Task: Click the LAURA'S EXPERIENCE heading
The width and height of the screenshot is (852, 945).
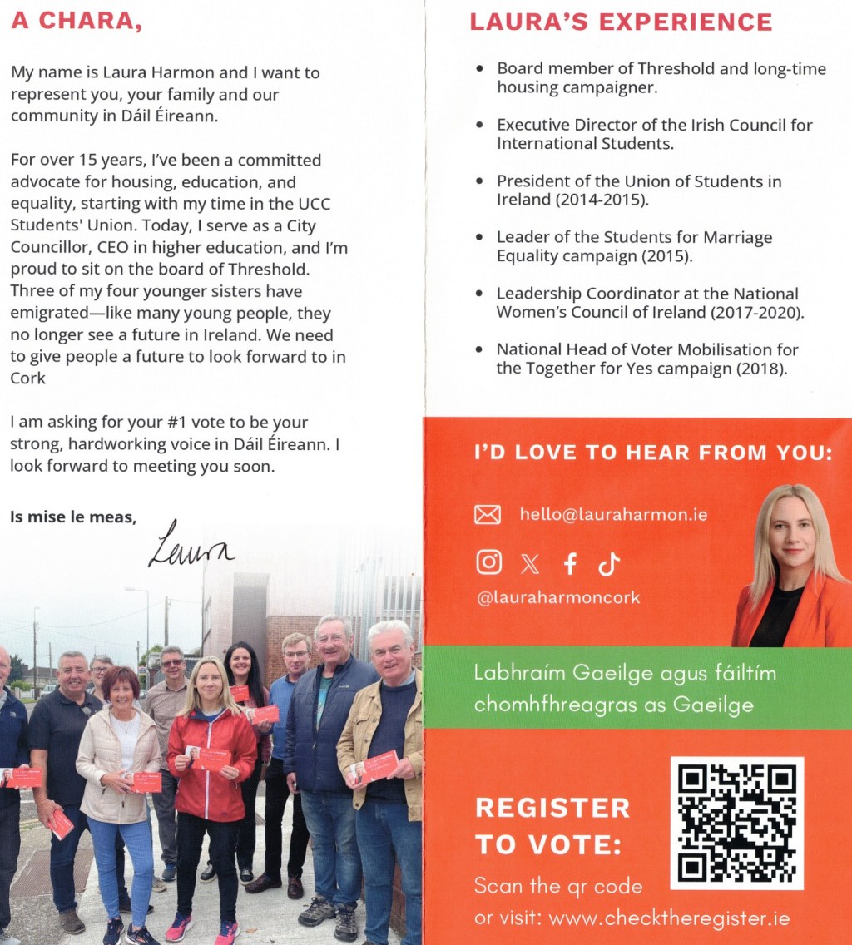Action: click(621, 22)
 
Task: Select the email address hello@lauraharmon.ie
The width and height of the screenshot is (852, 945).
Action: click(613, 515)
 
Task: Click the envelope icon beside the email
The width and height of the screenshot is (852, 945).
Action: click(488, 515)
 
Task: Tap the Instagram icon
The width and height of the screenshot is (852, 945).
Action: click(489, 563)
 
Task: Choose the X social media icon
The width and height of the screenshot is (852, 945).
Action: click(530, 565)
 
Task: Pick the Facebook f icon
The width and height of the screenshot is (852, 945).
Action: click(570, 564)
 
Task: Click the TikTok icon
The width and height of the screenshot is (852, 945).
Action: click(609, 564)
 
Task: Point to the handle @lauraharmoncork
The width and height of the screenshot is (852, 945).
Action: click(558, 598)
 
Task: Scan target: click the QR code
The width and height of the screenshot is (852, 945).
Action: click(736, 823)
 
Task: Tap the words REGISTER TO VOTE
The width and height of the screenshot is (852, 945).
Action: click(552, 826)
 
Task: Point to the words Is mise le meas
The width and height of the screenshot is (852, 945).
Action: click(73, 517)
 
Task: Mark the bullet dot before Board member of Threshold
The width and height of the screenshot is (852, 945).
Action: click(479, 69)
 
